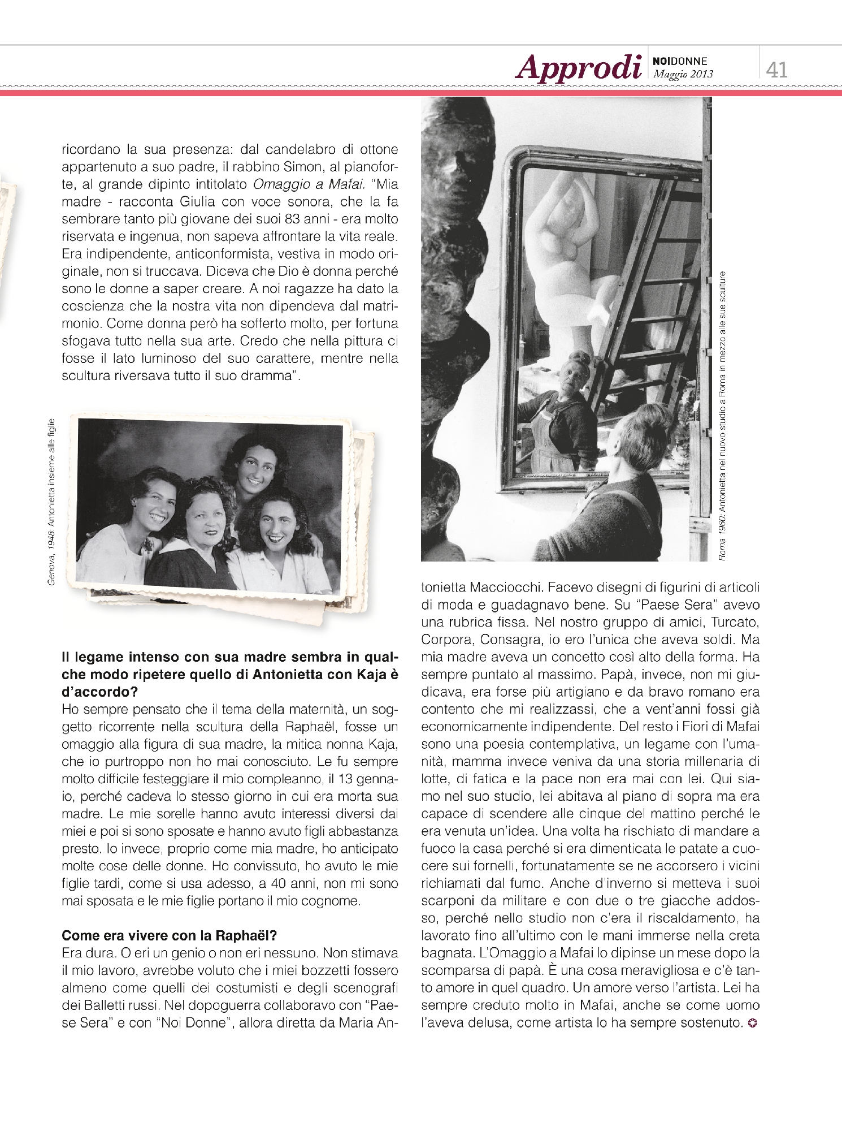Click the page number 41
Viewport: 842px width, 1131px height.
[776, 70]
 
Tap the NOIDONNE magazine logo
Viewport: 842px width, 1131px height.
[680, 61]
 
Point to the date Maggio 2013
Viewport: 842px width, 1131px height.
[683, 74]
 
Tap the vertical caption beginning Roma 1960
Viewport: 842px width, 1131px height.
[722, 416]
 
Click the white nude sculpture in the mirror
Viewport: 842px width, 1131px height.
[565, 249]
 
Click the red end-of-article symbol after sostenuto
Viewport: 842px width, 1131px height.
[752, 1022]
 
